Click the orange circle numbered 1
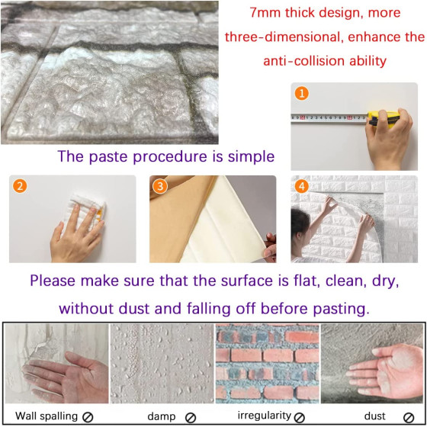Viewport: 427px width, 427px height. point(301,93)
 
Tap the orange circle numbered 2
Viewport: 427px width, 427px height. point(20,186)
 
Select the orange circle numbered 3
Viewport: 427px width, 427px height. point(160,186)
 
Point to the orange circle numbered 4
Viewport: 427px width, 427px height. point(301,186)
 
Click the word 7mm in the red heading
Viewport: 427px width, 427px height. point(265,12)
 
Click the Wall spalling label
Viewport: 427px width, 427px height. point(47,416)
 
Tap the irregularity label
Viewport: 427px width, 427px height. point(264,416)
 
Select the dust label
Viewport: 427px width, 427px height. point(374,416)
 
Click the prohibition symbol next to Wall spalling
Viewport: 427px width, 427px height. point(88,417)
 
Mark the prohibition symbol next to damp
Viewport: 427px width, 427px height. point(191,418)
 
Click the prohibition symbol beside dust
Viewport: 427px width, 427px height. point(409,418)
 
